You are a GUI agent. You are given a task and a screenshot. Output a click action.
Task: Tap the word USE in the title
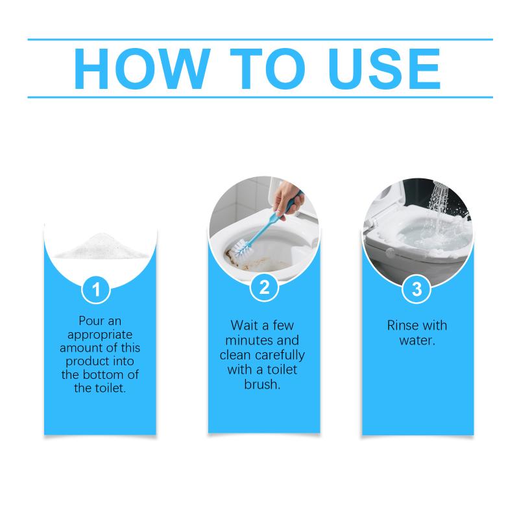pos(384,69)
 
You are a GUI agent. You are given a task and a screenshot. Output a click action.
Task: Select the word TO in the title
pos(267,69)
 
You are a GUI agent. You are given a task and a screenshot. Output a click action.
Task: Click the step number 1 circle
pos(96,289)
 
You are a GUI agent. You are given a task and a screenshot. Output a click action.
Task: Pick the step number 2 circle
pos(264,287)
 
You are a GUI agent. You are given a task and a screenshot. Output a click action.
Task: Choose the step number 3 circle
pos(416,289)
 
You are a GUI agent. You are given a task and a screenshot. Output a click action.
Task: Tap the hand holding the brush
pos(287,199)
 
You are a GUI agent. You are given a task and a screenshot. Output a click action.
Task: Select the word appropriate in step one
pos(100,335)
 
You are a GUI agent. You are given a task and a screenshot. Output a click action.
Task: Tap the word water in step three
pos(416,340)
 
